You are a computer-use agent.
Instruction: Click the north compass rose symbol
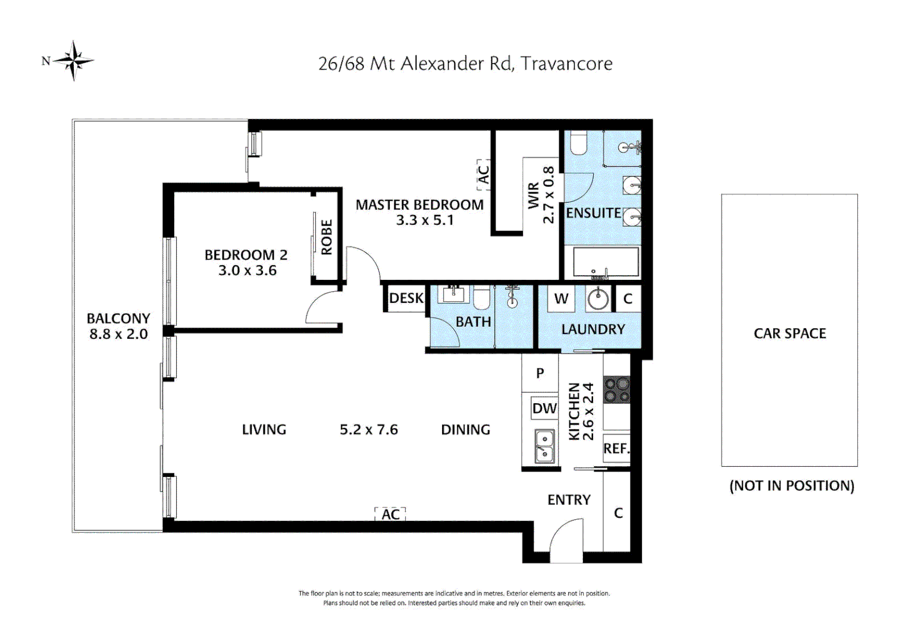coord(73,61)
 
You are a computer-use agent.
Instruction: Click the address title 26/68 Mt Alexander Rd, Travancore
coord(465,63)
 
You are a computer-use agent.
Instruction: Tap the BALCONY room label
coord(118,319)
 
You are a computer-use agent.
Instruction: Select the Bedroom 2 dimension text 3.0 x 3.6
coord(247,270)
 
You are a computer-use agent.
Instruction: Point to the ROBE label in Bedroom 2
coord(327,237)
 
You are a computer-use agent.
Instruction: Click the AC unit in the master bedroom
coord(483,174)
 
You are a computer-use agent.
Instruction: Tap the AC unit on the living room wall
coord(390,514)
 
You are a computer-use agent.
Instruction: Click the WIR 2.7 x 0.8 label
coord(541,195)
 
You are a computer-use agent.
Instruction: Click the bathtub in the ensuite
coord(606,262)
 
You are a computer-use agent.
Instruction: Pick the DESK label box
coord(406,298)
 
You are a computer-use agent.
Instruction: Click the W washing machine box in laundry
coord(561,298)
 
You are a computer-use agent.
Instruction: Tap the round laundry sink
coord(598,299)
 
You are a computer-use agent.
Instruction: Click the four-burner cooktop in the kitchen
coord(617,390)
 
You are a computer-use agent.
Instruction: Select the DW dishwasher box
coord(544,408)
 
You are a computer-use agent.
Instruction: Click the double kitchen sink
coord(544,447)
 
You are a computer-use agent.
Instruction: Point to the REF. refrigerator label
coord(616,448)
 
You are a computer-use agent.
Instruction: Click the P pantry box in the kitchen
coord(540,373)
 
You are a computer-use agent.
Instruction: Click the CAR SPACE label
coord(789,333)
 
